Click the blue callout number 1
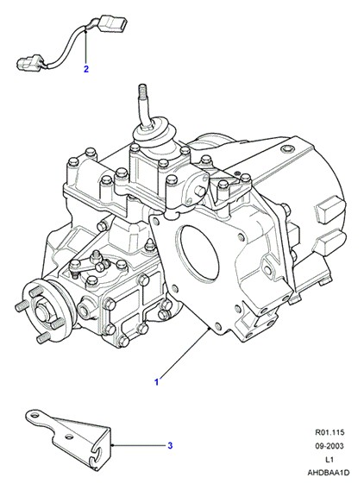[x=157, y=381]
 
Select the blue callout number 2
[x=86, y=69]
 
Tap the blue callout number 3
[x=170, y=445]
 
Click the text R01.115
[x=329, y=432]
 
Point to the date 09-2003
[x=329, y=446]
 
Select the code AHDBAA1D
[x=329, y=473]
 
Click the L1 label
[x=329, y=459]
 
